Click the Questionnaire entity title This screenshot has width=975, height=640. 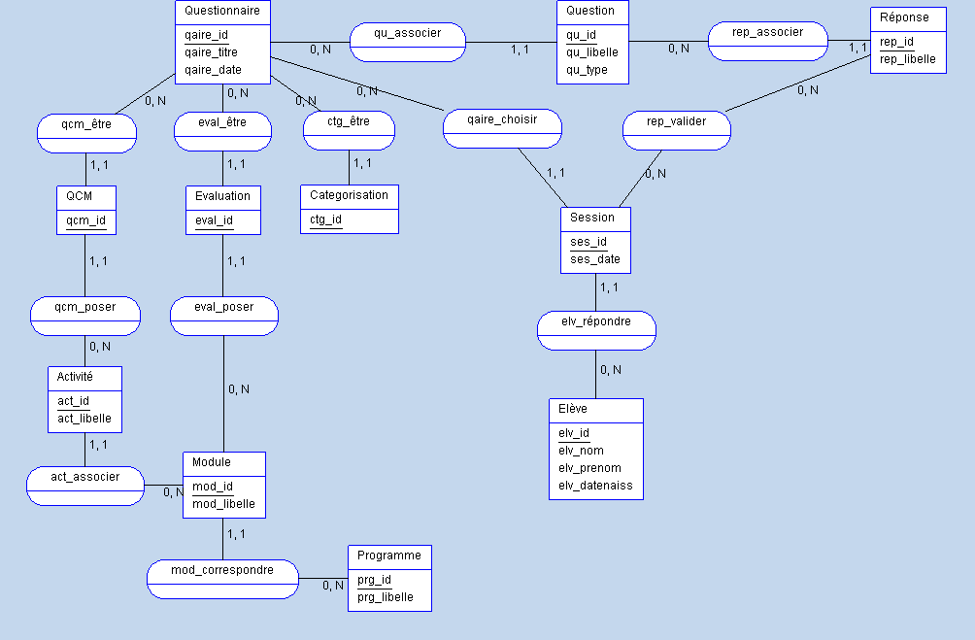[x=222, y=12]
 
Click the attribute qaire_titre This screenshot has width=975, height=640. [x=211, y=52]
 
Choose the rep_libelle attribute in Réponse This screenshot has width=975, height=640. [x=908, y=60]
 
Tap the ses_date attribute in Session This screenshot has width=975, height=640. [x=594, y=260]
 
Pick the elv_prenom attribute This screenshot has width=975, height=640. [x=589, y=468]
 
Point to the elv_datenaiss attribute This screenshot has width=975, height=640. [x=595, y=486]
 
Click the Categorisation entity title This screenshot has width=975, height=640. [x=349, y=195]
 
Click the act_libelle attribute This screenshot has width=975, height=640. [x=84, y=420]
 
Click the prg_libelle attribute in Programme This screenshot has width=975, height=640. [x=386, y=597]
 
